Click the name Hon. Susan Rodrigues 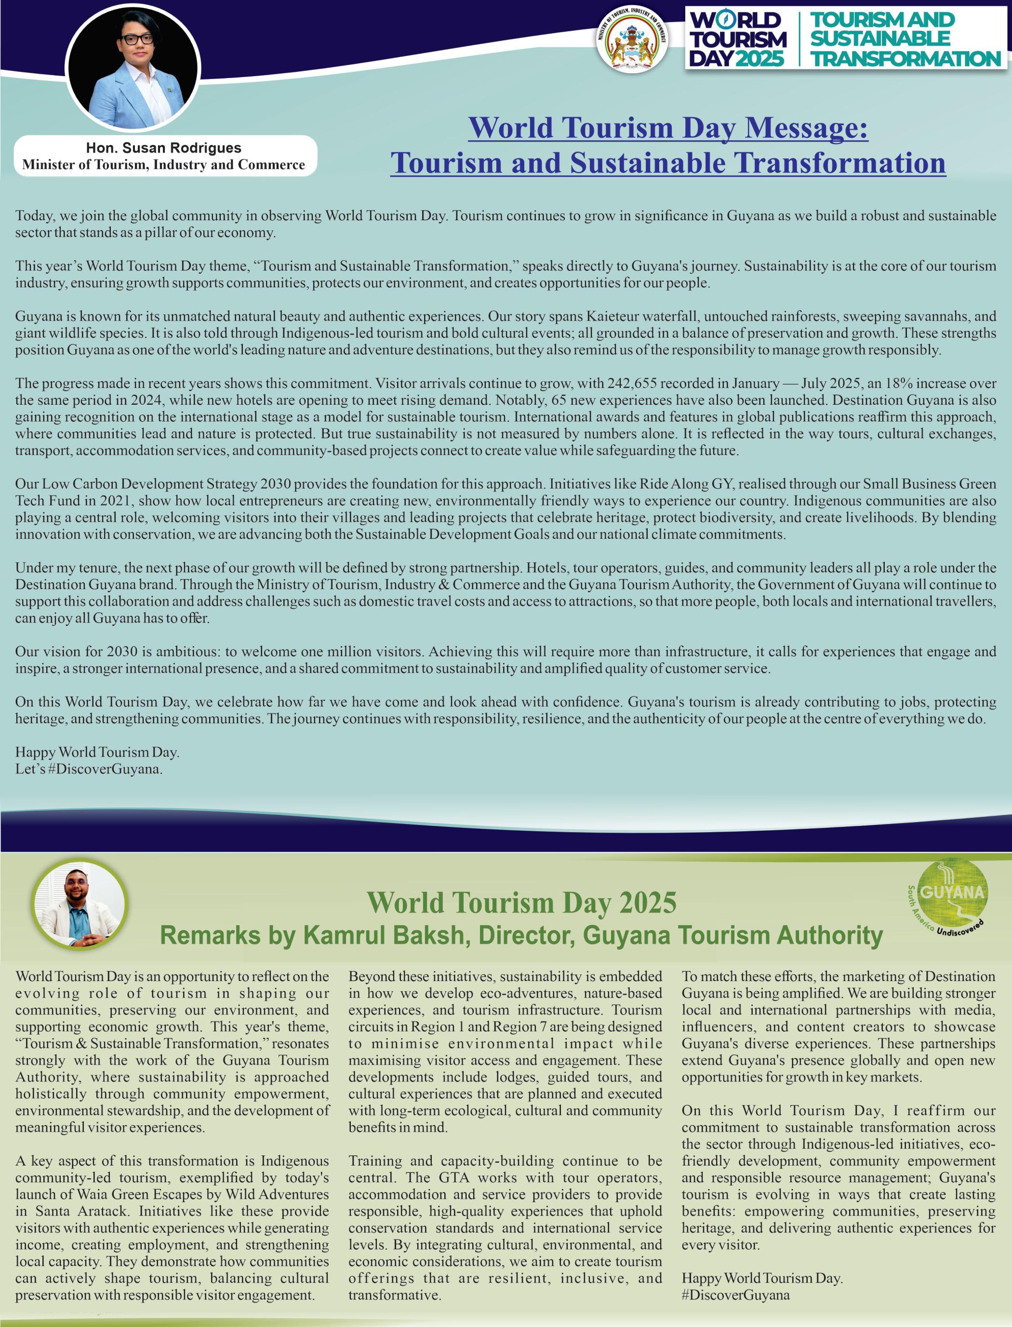coord(163,147)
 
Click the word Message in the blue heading coord(807,128)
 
